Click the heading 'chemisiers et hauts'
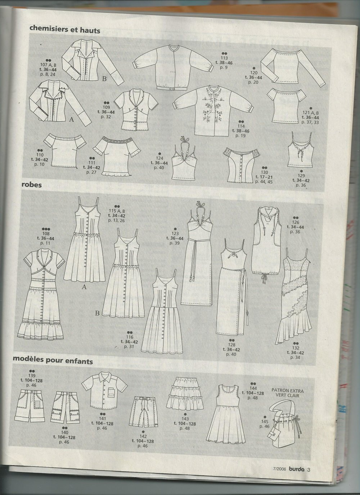click(x=65, y=30)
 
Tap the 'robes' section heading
click(x=32, y=185)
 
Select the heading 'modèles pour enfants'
click(x=53, y=361)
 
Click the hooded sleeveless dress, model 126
click(x=267, y=249)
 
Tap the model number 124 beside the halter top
click(x=159, y=158)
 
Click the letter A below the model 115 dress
click(x=84, y=287)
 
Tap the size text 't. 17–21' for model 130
click(x=264, y=177)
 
